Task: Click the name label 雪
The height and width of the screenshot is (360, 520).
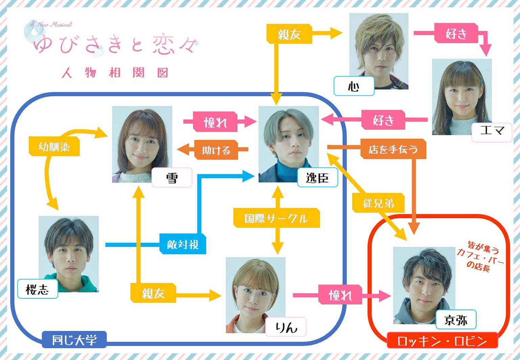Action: point(172,177)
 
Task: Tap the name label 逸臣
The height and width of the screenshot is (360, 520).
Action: point(317,177)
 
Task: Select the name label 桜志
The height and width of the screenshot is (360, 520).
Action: point(38,289)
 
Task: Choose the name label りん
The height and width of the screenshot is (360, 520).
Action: point(286,327)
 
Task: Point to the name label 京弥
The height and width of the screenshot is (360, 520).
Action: point(456,319)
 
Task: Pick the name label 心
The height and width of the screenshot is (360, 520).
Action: point(354,86)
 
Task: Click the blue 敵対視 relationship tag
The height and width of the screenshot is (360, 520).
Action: point(183,244)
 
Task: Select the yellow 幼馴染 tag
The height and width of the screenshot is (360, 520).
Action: point(54,147)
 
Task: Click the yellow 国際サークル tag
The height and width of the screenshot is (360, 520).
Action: point(276,218)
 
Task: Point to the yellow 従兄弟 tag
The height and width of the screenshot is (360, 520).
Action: point(379,203)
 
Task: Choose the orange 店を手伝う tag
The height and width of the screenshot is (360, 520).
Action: point(393,149)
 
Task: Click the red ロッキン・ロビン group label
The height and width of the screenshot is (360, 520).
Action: point(442,341)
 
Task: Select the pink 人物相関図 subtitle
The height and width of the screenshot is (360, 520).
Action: point(115,73)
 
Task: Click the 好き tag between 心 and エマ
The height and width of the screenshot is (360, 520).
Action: point(456,33)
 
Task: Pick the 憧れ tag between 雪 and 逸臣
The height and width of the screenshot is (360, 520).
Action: point(215,122)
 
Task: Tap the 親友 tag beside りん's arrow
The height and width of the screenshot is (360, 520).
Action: point(153,293)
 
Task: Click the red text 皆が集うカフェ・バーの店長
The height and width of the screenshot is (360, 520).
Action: point(480,256)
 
